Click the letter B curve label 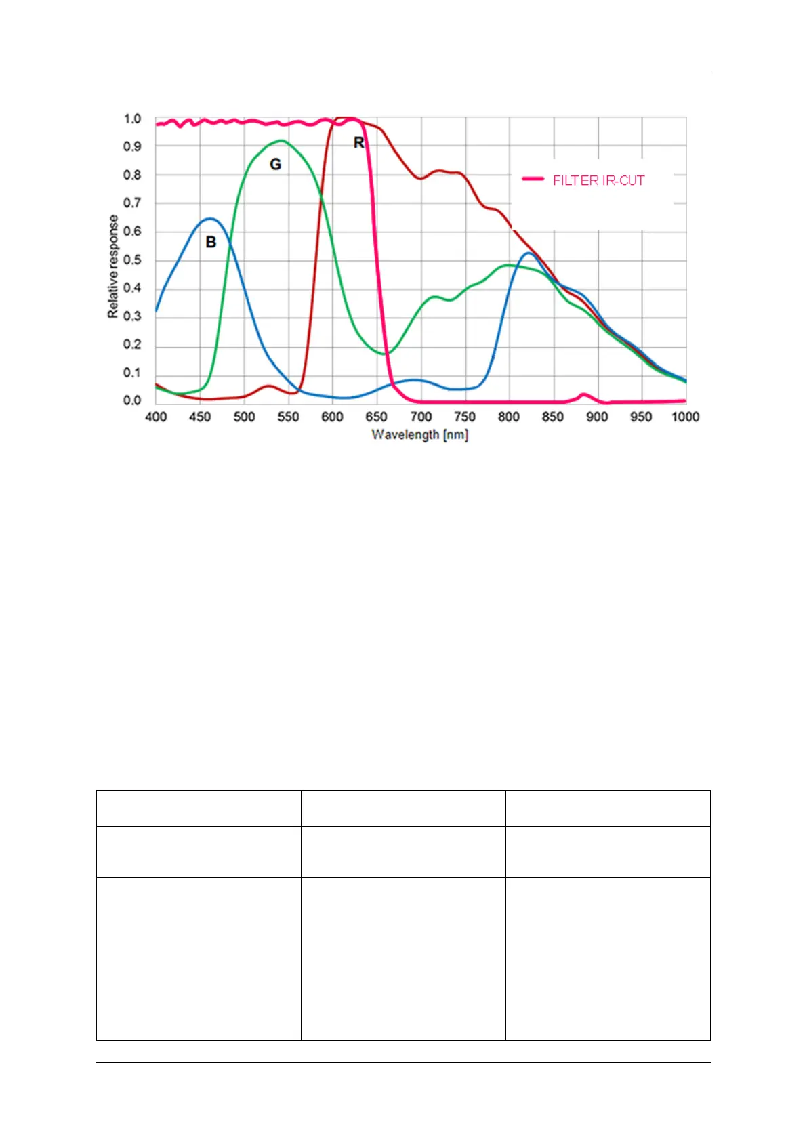point(211,242)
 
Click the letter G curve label point(275,164)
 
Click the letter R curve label point(359,142)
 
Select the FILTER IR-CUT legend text point(598,180)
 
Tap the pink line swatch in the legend point(533,179)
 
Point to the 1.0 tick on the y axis point(132,119)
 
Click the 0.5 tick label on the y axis point(132,260)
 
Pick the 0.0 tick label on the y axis point(132,400)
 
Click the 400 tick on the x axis point(156,417)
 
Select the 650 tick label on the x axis point(376,417)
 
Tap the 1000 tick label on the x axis point(685,417)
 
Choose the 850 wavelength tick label point(552,417)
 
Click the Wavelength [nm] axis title point(420,434)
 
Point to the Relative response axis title point(112,266)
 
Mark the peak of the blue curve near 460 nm point(211,219)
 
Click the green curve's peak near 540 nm point(281,141)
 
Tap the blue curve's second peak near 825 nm point(529,253)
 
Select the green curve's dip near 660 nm point(386,353)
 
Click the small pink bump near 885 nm point(583,394)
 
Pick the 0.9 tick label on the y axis point(132,146)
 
